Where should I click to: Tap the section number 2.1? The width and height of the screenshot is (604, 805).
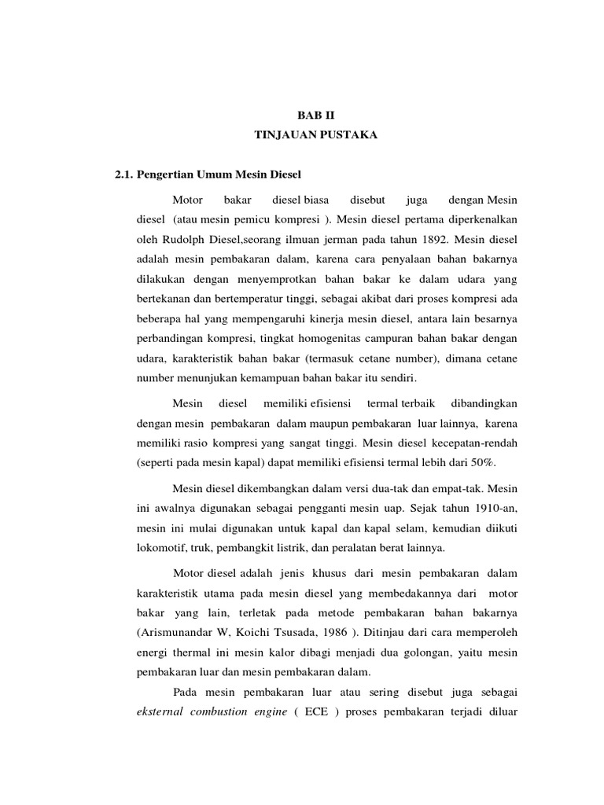pyautogui.click(x=126, y=174)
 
